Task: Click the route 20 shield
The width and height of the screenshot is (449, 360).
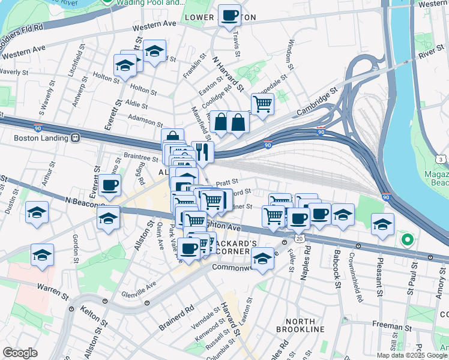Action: click(x=298, y=238)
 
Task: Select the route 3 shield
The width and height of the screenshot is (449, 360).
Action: click(x=441, y=159)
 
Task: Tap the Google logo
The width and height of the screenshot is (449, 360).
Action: click(x=20, y=353)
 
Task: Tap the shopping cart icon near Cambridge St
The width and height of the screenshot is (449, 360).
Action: click(x=262, y=103)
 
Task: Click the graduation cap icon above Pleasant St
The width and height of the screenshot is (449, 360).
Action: click(x=382, y=224)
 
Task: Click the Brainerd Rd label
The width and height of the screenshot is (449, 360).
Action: click(x=176, y=318)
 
